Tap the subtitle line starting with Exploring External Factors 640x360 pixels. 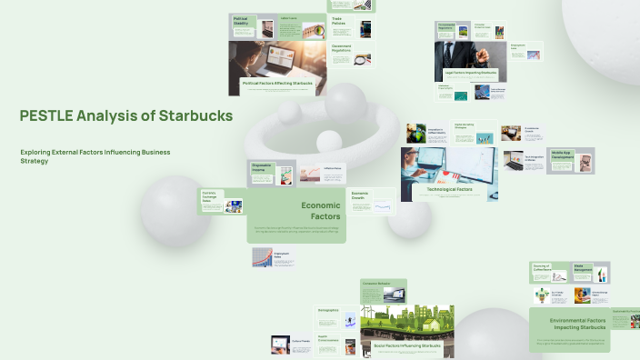95,152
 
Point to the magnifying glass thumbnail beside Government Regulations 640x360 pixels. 363,60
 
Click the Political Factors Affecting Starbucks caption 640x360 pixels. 277,83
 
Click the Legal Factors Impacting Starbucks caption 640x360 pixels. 470,72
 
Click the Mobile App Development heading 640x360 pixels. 562,155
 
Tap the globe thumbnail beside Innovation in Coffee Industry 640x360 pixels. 416,134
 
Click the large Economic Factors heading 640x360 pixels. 320,211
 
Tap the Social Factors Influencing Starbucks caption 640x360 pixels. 407,345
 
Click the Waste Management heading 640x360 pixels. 583,269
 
